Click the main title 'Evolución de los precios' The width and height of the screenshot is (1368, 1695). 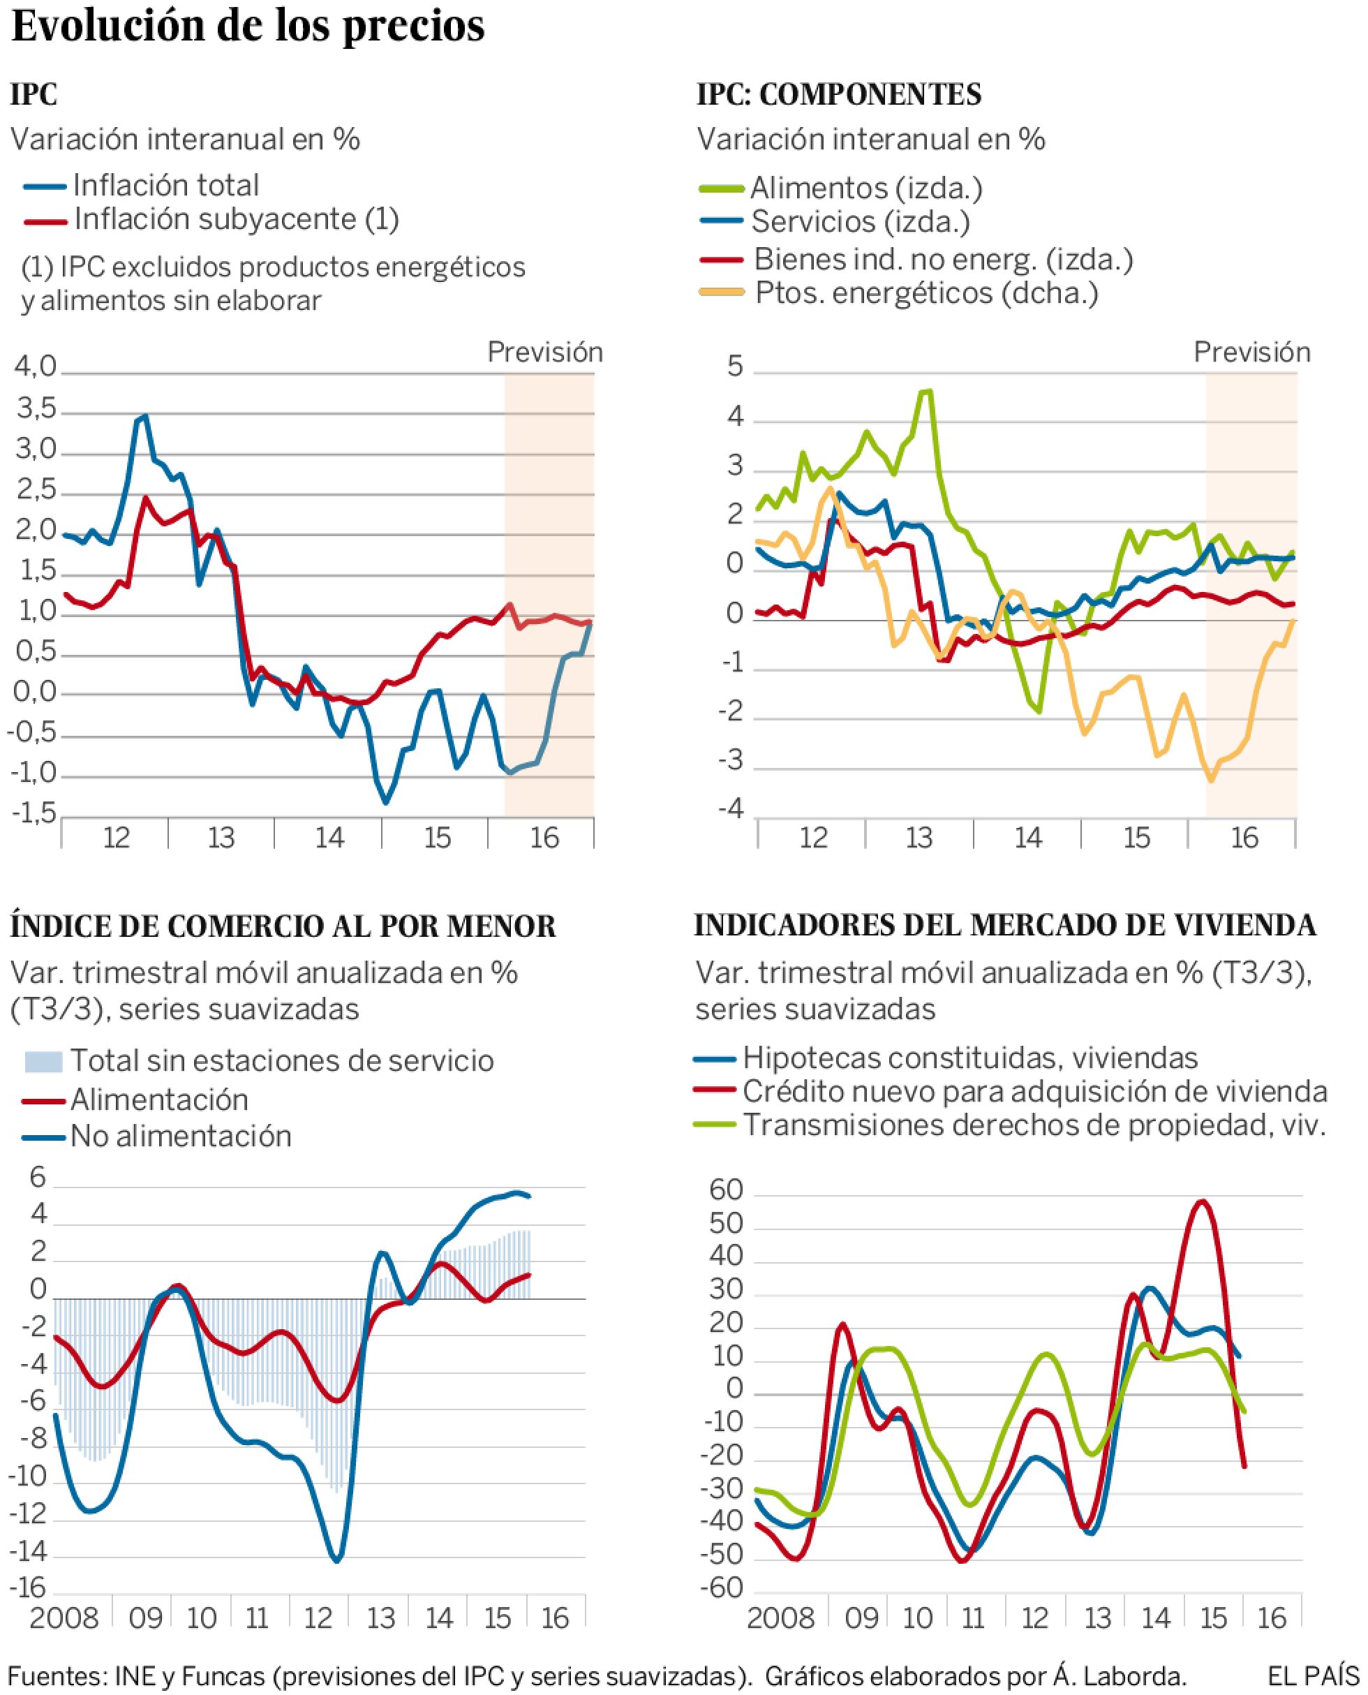point(248,27)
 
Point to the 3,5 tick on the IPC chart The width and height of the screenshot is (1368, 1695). point(36,410)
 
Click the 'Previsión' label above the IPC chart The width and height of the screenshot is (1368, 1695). point(544,353)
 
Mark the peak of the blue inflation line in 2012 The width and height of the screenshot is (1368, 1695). point(144,416)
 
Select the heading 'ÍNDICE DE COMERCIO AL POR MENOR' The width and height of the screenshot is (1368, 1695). point(283,926)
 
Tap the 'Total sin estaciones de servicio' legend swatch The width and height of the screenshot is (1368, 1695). point(43,1061)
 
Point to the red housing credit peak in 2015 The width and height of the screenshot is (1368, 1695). point(1201,1201)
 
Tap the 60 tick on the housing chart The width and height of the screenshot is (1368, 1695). point(726,1191)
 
